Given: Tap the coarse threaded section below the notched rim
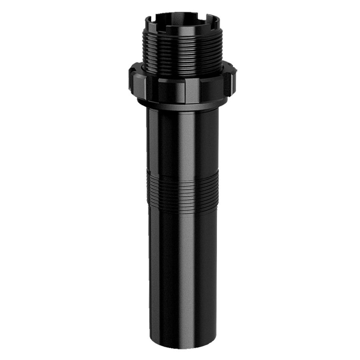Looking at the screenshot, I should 182,52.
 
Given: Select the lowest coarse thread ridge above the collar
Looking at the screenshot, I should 182,72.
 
